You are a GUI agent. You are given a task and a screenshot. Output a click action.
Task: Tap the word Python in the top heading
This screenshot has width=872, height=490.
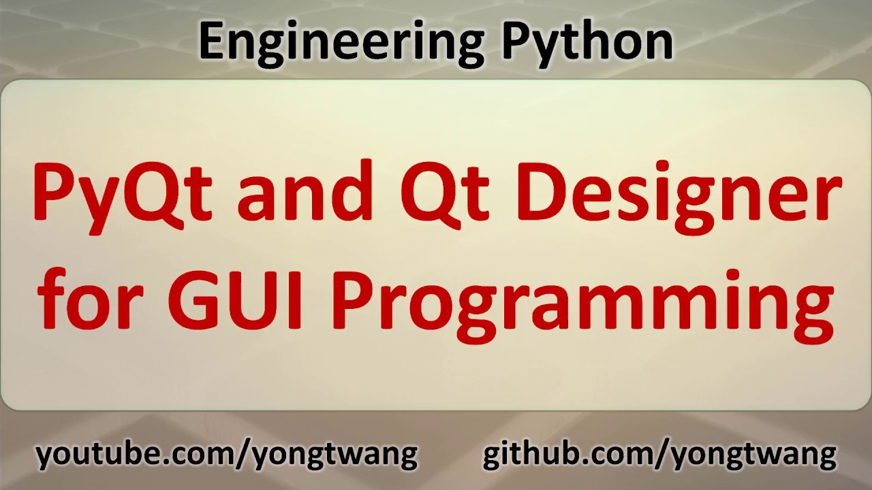pos(587,41)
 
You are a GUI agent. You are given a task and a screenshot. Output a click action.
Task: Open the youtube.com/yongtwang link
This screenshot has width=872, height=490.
pos(227,454)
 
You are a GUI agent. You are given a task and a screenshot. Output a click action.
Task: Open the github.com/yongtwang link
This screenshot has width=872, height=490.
pos(659,454)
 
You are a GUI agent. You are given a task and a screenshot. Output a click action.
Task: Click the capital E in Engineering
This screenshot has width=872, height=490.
pos(212,41)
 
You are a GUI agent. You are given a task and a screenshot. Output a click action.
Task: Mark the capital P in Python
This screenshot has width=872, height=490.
pos(516,41)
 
